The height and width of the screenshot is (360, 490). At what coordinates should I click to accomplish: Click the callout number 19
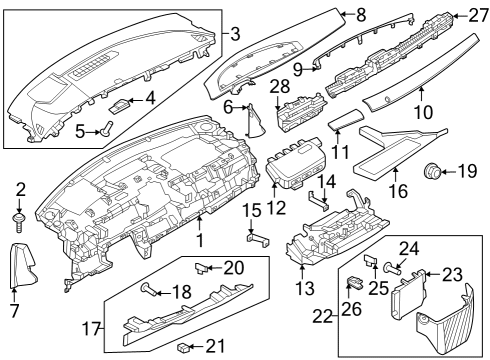[467, 171]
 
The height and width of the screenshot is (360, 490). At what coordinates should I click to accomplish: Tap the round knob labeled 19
[435, 171]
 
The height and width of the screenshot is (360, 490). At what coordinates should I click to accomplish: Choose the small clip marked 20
[205, 267]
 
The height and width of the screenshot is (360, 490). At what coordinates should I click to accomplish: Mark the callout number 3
[235, 34]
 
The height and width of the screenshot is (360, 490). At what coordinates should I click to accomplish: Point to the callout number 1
[199, 240]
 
